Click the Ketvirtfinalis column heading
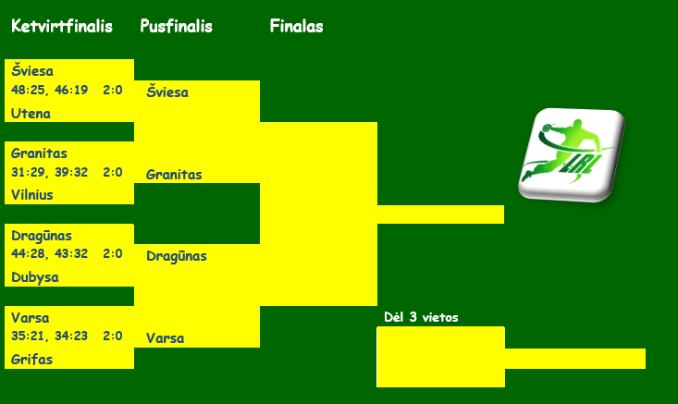[x=62, y=27]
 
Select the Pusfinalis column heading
[x=176, y=27]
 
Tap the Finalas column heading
[x=296, y=27]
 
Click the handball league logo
[x=569, y=153]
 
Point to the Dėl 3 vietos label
[x=421, y=318]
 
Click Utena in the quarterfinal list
[x=31, y=114]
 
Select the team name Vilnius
[x=32, y=195]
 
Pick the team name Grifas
[x=31, y=360]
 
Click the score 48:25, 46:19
[x=49, y=91]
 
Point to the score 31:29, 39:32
[x=49, y=172]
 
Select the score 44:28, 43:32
[x=49, y=254]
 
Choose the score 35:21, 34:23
[x=49, y=336]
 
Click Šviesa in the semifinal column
[x=167, y=92]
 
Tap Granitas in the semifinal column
[x=174, y=174]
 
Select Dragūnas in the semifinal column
[x=176, y=256]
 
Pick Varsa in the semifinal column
[x=165, y=338]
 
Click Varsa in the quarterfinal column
[x=30, y=318]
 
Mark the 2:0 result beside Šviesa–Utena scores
[x=113, y=91]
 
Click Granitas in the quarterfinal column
[x=39, y=153]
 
